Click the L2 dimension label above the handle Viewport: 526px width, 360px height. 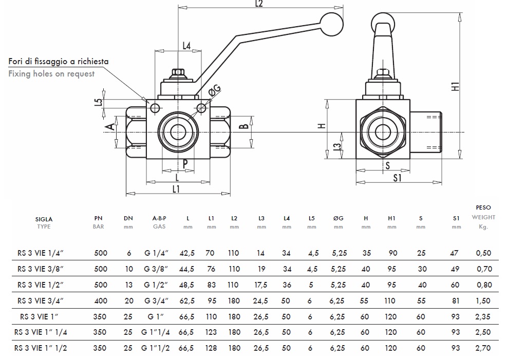(x=258, y=4)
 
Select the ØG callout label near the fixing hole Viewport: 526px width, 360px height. (x=215, y=91)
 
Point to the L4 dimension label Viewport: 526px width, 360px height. (x=187, y=46)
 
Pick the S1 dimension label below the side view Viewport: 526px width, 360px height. (x=397, y=178)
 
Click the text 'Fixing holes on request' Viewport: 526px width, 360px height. (x=51, y=73)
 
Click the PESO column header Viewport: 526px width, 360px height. (x=483, y=207)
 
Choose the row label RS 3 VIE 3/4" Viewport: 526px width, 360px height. (x=44, y=301)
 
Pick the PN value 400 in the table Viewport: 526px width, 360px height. (x=101, y=301)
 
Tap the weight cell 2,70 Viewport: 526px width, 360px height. (x=483, y=348)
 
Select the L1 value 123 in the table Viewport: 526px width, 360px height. (x=211, y=332)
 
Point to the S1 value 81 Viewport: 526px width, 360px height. (x=456, y=301)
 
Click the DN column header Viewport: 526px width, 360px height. (x=128, y=218)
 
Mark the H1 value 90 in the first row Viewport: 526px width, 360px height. (x=392, y=253)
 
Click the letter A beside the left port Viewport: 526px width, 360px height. (x=109, y=127)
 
